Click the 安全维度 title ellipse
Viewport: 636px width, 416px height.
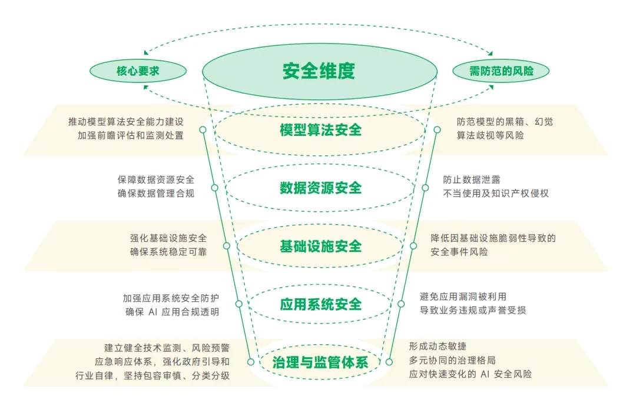319,71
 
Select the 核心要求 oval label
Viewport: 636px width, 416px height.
138,71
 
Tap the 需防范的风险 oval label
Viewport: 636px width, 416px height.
501,71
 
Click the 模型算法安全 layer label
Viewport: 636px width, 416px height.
320,130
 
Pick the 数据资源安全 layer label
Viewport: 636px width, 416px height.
320,188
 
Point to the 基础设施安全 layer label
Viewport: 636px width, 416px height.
320,246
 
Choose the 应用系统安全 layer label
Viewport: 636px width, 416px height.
320,304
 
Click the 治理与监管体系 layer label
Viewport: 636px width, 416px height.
320,362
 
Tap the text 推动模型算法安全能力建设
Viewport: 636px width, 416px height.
126,122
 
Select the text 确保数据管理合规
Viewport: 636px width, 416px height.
155,193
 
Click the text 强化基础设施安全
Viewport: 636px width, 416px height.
168,238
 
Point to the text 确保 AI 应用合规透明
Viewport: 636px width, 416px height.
171,312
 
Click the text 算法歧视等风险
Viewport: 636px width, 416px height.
490,135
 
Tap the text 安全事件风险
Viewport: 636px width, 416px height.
459,252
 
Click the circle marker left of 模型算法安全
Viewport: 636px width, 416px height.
203,129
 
